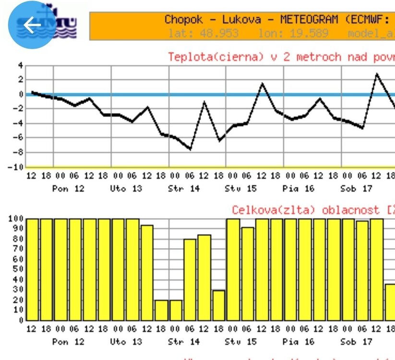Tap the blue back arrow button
32,25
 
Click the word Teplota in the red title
189,57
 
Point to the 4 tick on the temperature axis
20,65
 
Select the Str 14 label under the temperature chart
183,189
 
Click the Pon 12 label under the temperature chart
68,189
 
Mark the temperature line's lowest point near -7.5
190,149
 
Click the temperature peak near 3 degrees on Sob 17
377,74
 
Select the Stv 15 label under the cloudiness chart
240,342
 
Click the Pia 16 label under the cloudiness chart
298,342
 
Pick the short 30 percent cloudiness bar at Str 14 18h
219,305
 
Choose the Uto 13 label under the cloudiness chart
126,342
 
